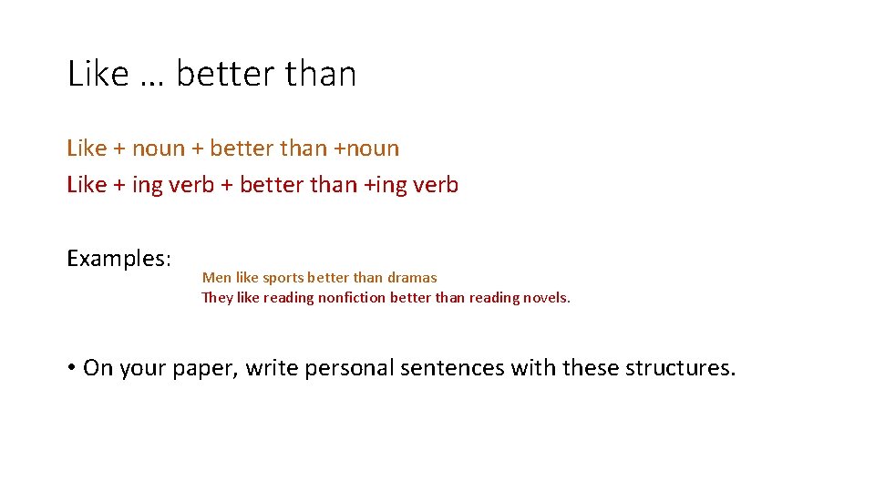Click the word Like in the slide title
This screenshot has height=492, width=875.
pos(98,74)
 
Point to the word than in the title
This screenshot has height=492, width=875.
pos(320,74)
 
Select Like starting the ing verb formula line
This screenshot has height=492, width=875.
pos(87,185)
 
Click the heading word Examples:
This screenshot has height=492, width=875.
pos(118,259)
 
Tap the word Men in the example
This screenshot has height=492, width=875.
pos(217,278)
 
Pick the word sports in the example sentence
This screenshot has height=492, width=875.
pos(283,278)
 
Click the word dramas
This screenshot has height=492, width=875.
pos(412,278)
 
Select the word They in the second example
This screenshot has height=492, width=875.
pos(218,298)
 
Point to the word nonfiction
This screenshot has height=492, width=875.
pos(352,298)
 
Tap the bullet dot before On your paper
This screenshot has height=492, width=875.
pos(70,368)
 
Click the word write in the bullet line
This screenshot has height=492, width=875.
pos(271,368)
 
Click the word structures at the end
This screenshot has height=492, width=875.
pos(679,368)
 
